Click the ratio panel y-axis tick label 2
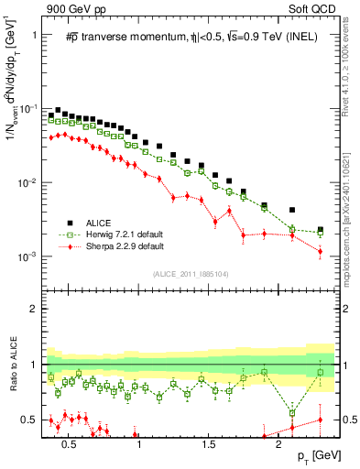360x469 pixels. [x=33, y=309]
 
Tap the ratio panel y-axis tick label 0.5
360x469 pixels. [x=29, y=420]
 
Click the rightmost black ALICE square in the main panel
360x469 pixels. [x=320, y=230]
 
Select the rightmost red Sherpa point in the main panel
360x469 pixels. [x=320, y=251]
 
